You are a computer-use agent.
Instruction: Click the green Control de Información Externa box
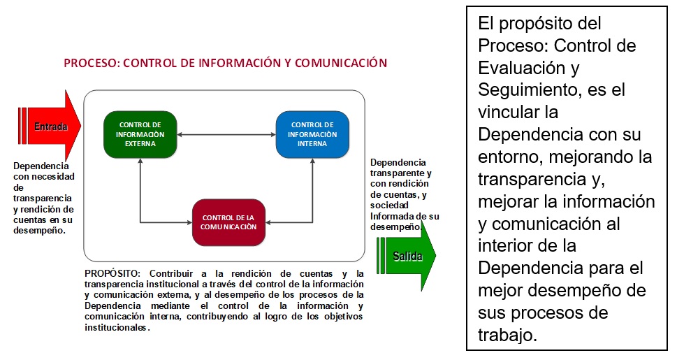[x=140, y=134]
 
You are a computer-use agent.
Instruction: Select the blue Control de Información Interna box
[x=312, y=134]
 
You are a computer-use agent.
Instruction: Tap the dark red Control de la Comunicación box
[x=228, y=222]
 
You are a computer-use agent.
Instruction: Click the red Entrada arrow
[x=49, y=126]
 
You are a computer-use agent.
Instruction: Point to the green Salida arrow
[x=407, y=255]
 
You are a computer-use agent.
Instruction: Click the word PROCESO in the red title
[x=90, y=63]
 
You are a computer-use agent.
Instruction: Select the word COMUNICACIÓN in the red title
[x=341, y=63]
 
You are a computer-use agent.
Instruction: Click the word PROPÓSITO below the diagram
[x=112, y=273]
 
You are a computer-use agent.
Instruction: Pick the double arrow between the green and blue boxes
[x=226, y=134]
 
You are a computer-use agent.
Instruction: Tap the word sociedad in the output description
[x=389, y=206]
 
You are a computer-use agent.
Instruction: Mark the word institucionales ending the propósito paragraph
[x=116, y=328]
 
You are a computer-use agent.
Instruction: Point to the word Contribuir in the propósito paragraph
[x=171, y=273]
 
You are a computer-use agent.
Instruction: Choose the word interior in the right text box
[x=502, y=245]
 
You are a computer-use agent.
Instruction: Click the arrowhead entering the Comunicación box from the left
[x=189, y=222]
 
